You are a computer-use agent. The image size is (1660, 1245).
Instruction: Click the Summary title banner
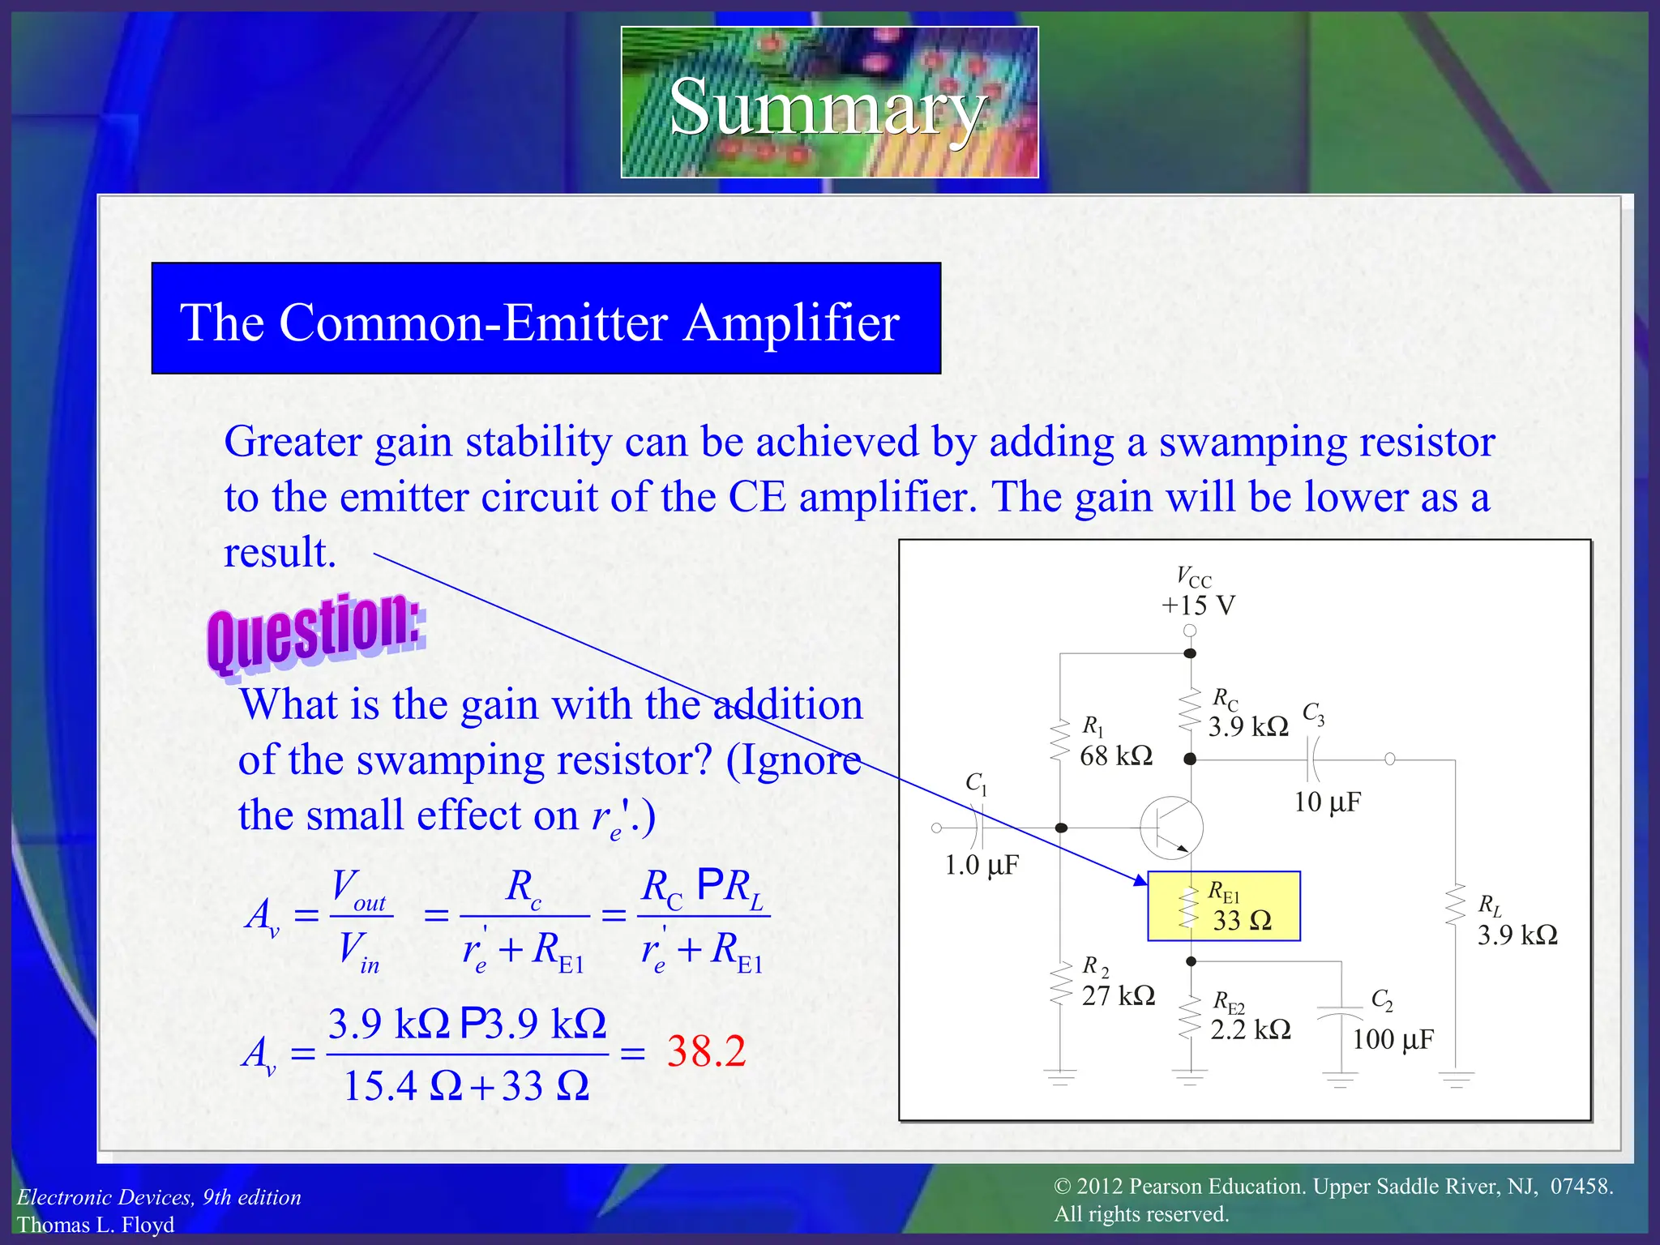pos(829,103)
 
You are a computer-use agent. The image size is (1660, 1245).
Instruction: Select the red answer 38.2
pos(706,1051)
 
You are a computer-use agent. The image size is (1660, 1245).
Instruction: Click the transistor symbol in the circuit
pos(1172,828)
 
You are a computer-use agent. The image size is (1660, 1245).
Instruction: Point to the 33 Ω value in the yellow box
pos(1242,921)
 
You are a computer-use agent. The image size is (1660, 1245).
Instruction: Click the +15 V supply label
pos(1198,605)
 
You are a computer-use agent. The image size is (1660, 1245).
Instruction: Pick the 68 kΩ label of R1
pos(1116,756)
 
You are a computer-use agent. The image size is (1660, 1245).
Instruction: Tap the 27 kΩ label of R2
pos(1119,995)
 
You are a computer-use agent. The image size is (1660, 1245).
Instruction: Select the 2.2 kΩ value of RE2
pos(1251,1029)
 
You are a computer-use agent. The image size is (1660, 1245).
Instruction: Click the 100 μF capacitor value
pos(1393,1039)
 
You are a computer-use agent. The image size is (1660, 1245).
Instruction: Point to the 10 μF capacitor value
pos(1327,802)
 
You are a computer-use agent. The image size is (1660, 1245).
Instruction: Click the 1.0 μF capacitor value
pos(982,865)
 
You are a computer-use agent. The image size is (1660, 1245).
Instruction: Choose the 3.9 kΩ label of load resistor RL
pos(1517,935)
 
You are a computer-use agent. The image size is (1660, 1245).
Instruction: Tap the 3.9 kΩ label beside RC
pos(1248,726)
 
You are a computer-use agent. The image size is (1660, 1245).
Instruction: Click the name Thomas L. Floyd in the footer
pos(96,1224)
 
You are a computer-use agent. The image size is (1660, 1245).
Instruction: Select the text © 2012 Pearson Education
pos(1179,1187)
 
